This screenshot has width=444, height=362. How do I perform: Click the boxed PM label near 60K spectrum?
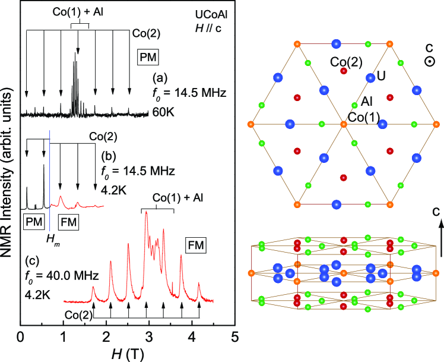click(x=147, y=56)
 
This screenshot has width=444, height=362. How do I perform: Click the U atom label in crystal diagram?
click(x=382, y=77)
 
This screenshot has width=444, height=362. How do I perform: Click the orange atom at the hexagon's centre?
click(x=343, y=124)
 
